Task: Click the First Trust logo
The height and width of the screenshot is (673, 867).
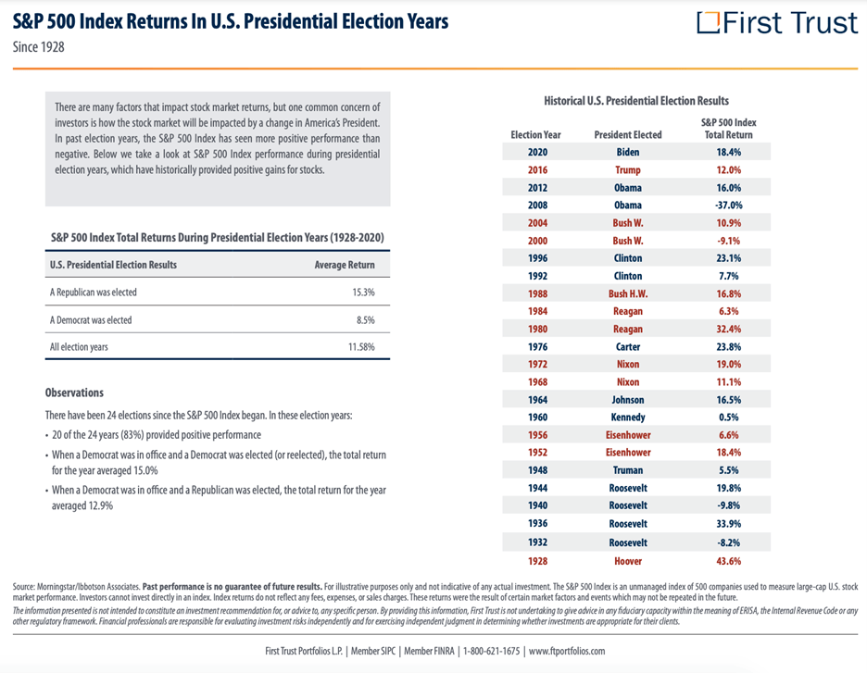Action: [x=777, y=22]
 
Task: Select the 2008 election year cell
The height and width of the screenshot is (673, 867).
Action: [x=537, y=206]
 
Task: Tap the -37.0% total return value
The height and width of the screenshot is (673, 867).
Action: [x=729, y=206]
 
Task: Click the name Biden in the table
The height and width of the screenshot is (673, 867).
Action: [x=628, y=153]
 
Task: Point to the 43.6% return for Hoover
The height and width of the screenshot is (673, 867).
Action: [x=729, y=561]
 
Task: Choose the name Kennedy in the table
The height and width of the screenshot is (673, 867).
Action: [x=628, y=418]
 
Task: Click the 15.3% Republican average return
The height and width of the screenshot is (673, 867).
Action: [x=363, y=293]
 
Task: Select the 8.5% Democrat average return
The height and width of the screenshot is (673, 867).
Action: [x=366, y=320]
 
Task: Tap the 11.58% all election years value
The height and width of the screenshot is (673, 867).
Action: [x=361, y=347]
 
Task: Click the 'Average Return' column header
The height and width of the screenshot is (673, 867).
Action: [x=345, y=266]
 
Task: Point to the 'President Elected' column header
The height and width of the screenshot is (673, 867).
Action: [x=628, y=135]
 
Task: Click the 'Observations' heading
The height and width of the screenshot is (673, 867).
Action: [x=74, y=393]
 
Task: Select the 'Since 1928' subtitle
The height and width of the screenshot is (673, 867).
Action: [x=39, y=47]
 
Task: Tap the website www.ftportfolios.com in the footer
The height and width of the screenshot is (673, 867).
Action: [x=567, y=651]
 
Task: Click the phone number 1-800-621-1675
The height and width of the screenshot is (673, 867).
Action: [x=492, y=651]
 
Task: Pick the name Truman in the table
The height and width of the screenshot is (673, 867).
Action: [x=628, y=470]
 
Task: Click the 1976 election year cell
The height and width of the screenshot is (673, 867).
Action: [x=537, y=347]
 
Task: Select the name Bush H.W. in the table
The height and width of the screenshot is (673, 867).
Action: [x=628, y=294]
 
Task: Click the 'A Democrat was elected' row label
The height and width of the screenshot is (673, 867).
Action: [x=91, y=320]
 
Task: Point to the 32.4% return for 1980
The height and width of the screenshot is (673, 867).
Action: [x=729, y=330]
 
